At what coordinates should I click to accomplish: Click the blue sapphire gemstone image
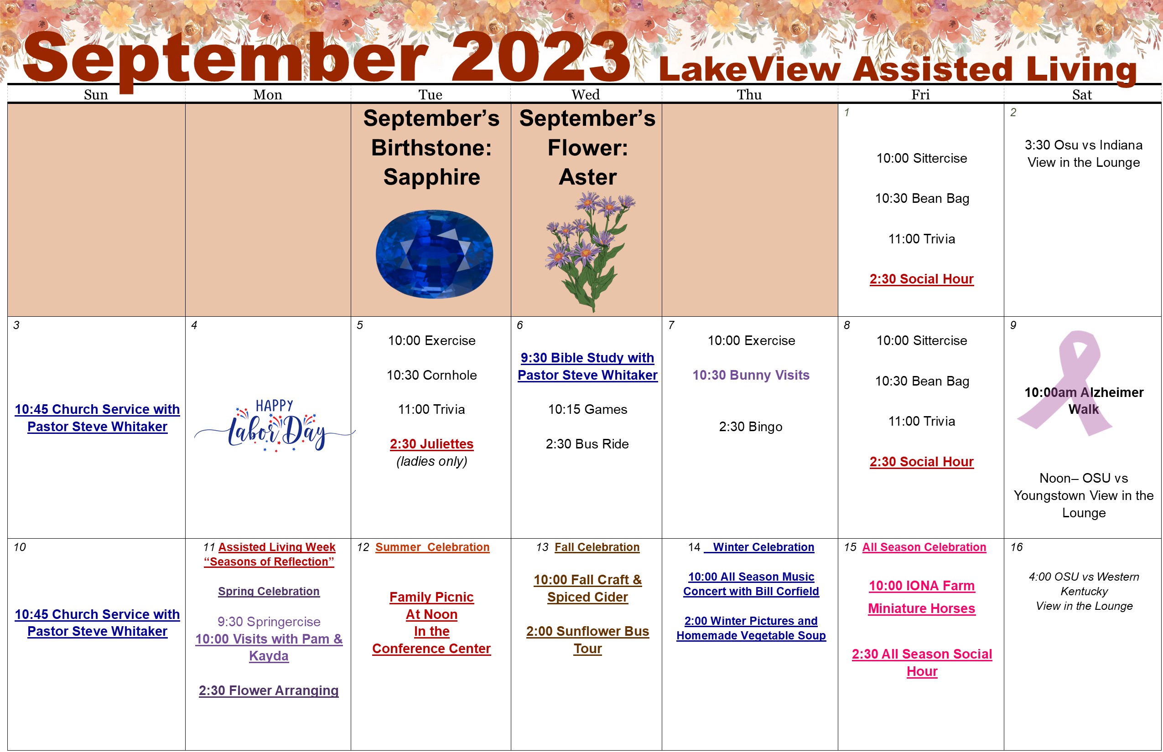pyautogui.click(x=434, y=254)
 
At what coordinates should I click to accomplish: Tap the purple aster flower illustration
pyautogui.click(x=589, y=252)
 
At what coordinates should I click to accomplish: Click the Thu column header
pyautogui.click(x=749, y=95)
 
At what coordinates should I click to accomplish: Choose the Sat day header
pyautogui.click(x=1082, y=95)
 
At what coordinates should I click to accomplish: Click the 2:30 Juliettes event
pyautogui.click(x=431, y=444)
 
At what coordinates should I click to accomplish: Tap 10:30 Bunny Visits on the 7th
pyautogui.click(x=751, y=375)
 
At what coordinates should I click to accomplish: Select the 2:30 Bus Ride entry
pyautogui.click(x=587, y=444)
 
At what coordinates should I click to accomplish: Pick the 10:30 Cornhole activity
pyautogui.click(x=431, y=375)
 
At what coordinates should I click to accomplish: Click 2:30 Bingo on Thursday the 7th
pyautogui.click(x=751, y=427)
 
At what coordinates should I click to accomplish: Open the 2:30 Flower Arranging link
pyautogui.click(x=268, y=690)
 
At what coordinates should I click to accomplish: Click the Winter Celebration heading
pyautogui.click(x=763, y=547)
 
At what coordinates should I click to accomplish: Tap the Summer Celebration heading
pyautogui.click(x=432, y=547)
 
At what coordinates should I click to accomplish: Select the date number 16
pyautogui.click(x=1017, y=547)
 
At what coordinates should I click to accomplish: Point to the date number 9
pyautogui.click(x=1013, y=325)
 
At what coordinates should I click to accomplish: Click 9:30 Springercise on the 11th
pyautogui.click(x=269, y=622)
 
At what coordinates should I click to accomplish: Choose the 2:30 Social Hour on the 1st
pyautogui.click(x=921, y=279)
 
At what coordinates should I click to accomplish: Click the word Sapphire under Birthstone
pyautogui.click(x=431, y=177)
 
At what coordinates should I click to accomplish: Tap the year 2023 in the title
pyautogui.click(x=540, y=57)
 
